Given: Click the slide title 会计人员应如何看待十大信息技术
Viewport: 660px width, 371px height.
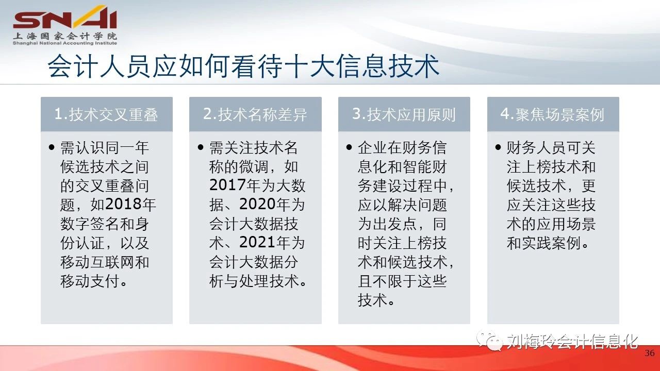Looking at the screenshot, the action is click(243, 66).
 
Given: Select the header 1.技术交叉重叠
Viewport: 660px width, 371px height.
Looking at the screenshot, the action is click(106, 114).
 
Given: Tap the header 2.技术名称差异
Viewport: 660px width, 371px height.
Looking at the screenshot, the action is click(255, 114).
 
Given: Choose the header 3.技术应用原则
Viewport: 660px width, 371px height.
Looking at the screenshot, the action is click(404, 114).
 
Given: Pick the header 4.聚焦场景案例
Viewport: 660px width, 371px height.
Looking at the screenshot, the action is click(552, 114).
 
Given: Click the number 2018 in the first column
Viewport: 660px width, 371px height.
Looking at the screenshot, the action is click(123, 204).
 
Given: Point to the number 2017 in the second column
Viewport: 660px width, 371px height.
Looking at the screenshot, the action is click(227, 185).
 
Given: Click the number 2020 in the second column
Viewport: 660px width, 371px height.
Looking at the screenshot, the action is click(258, 204).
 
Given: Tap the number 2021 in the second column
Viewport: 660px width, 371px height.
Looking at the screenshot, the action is click(258, 242).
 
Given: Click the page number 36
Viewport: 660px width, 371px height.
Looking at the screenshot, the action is click(650, 353).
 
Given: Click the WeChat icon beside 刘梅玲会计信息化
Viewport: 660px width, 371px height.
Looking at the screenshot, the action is click(490, 341).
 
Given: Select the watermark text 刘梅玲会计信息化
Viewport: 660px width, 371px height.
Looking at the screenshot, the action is click(572, 342).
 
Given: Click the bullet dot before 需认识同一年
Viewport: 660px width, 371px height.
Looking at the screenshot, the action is click(52, 147).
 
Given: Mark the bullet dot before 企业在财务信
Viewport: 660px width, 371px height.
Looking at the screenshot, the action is click(349, 147).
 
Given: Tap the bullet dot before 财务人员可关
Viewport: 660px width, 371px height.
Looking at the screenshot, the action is click(498, 147).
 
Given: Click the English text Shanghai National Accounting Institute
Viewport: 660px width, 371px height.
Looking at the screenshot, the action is click(65, 43).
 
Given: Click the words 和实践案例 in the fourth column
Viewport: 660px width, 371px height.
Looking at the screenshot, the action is click(544, 243).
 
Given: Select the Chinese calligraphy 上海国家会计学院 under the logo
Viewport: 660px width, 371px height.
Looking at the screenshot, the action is click(65, 36).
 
